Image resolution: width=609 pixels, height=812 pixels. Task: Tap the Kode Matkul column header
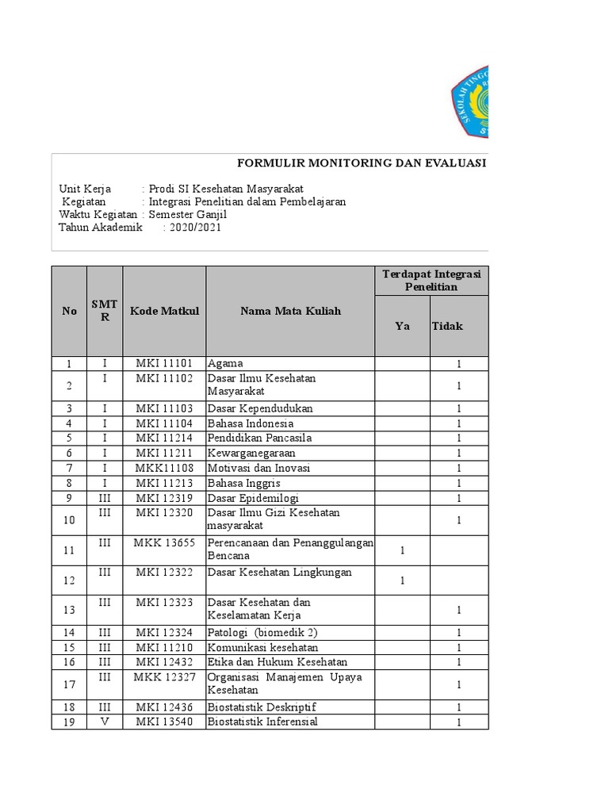164,311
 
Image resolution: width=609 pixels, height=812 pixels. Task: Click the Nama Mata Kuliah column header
290,311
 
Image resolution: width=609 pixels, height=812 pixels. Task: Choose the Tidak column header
447,326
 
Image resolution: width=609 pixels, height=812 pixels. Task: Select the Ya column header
402,326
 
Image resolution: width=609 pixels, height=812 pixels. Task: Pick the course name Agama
226,364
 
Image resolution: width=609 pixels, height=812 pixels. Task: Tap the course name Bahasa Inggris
243,483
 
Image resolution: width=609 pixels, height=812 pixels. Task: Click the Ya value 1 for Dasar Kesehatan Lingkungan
402,580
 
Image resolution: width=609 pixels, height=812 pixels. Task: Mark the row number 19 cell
69,722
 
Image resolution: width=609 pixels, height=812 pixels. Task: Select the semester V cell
105,722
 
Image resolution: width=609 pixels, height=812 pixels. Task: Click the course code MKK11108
164,468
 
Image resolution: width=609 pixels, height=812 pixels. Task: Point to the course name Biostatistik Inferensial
262,722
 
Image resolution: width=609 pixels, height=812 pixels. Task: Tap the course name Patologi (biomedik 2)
262,633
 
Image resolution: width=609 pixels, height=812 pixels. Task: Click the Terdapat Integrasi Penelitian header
431,280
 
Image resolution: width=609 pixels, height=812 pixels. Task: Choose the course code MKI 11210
164,647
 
